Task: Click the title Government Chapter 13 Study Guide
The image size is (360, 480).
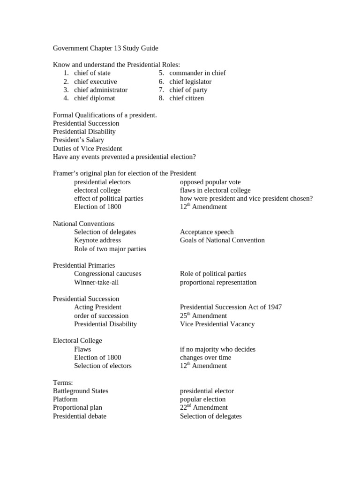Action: [x=105, y=48]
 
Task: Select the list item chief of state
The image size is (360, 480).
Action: [x=92, y=73]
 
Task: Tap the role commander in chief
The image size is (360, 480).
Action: [x=197, y=73]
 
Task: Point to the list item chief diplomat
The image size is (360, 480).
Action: [x=94, y=98]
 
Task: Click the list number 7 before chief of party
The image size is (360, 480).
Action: [x=161, y=90]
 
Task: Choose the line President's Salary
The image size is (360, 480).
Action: [x=78, y=140]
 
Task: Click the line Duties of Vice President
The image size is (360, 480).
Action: [x=87, y=149]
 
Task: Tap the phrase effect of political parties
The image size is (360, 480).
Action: [x=108, y=199]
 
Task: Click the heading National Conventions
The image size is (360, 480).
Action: [x=83, y=224]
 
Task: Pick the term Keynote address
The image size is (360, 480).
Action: [x=97, y=240]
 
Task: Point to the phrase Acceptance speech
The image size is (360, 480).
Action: [x=207, y=232]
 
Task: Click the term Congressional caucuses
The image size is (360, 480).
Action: [x=107, y=274]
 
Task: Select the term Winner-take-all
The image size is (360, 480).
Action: [x=95, y=282]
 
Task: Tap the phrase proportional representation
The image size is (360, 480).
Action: [x=218, y=282]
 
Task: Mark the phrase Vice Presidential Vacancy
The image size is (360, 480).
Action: [x=217, y=324]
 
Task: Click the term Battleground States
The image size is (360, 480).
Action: [x=81, y=391]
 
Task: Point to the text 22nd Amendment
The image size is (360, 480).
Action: [x=204, y=408]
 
